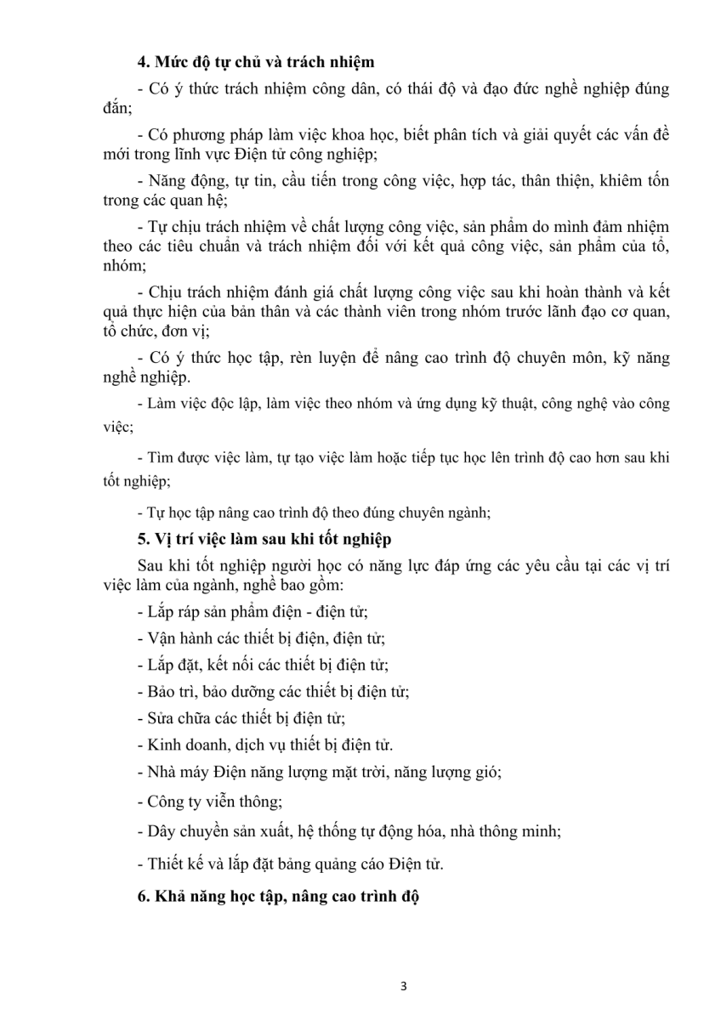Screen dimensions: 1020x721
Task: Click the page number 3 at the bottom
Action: click(404, 987)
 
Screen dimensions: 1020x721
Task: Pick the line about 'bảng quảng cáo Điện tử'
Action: click(290, 864)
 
